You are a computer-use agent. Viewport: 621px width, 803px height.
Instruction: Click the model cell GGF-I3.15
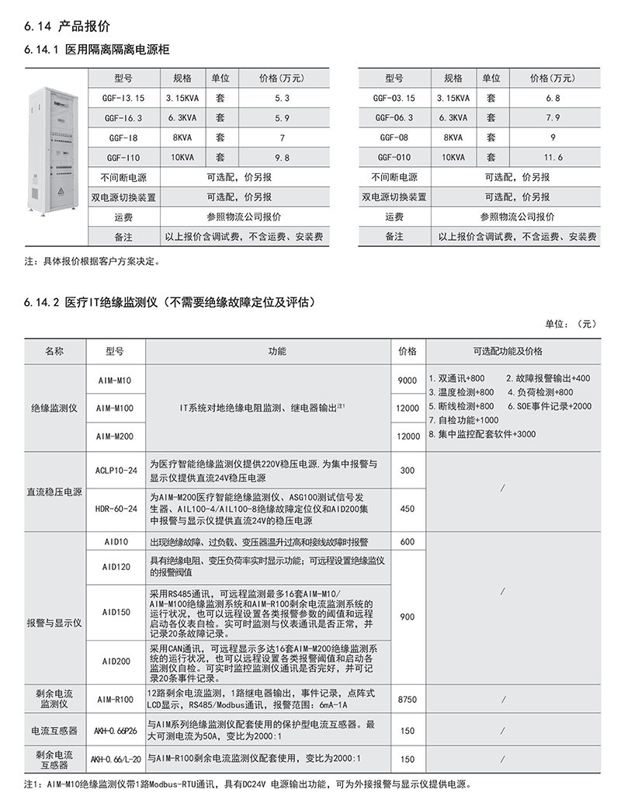point(123,99)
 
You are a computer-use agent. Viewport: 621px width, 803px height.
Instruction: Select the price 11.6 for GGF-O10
point(553,157)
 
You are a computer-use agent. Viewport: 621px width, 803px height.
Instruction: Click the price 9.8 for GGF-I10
point(281,157)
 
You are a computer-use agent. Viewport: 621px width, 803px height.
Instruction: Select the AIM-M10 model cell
point(115,379)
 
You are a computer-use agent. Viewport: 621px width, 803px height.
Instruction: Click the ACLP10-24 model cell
point(115,470)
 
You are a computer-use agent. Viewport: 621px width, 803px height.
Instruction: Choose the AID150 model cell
point(115,611)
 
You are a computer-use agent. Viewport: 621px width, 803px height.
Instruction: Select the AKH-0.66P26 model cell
point(115,731)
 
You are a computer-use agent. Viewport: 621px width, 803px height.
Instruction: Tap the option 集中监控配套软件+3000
point(482,434)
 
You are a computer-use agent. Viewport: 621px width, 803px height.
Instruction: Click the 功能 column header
point(277,351)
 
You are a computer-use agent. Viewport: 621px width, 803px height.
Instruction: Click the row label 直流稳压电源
point(56,491)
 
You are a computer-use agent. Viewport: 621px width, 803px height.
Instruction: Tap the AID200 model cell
point(115,661)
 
